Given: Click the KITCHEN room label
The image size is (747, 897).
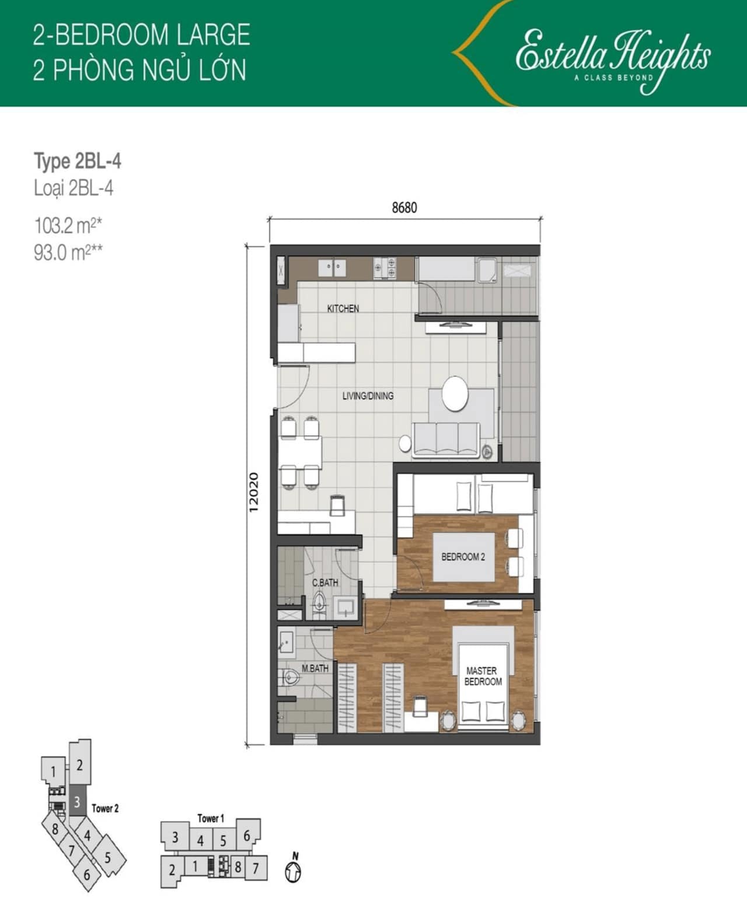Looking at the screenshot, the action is point(343,309).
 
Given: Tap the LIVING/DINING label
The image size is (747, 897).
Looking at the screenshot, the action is point(368,396).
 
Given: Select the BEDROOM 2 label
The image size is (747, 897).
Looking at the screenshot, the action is point(463,557).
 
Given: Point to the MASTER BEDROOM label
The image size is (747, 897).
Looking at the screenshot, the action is point(483,676).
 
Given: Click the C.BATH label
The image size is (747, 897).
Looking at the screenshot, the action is point(324,583).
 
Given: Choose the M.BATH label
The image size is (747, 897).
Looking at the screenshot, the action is point(315,668).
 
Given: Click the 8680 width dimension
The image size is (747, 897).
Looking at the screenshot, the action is point(404,208).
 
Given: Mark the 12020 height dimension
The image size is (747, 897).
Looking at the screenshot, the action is point(254,493).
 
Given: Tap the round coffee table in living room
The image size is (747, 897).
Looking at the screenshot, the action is point(455,393).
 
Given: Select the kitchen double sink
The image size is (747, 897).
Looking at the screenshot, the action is point(333,268).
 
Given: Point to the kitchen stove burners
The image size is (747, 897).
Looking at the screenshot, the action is point(385,268).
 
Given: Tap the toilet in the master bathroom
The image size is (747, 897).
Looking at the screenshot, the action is point(291,678).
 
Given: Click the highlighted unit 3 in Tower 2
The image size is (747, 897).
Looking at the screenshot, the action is point(77,801).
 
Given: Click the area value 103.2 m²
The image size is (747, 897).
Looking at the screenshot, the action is point(68,226).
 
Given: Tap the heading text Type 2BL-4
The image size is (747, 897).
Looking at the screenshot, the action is point(77,161).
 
